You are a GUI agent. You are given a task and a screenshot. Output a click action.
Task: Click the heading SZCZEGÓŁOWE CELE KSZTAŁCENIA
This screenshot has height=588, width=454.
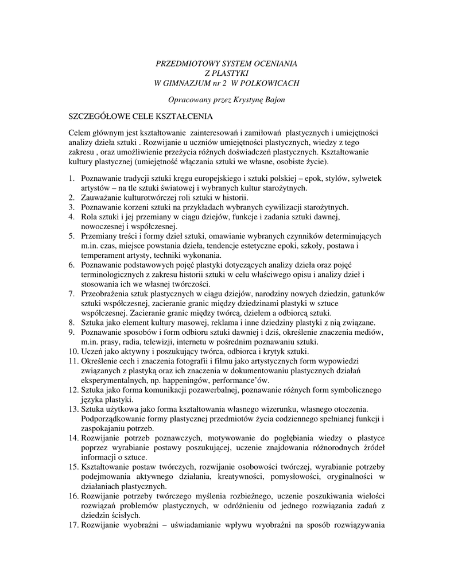click(141, 116)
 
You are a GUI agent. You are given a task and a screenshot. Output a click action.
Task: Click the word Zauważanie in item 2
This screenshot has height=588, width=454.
click(104, 197)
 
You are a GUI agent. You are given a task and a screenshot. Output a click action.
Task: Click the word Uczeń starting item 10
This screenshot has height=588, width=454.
click(93, 351)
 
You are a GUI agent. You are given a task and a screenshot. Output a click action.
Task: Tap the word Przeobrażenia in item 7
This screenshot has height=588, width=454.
click(108, 293)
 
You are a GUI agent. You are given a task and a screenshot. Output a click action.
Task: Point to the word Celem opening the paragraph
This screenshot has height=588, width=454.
click(80, 133)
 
